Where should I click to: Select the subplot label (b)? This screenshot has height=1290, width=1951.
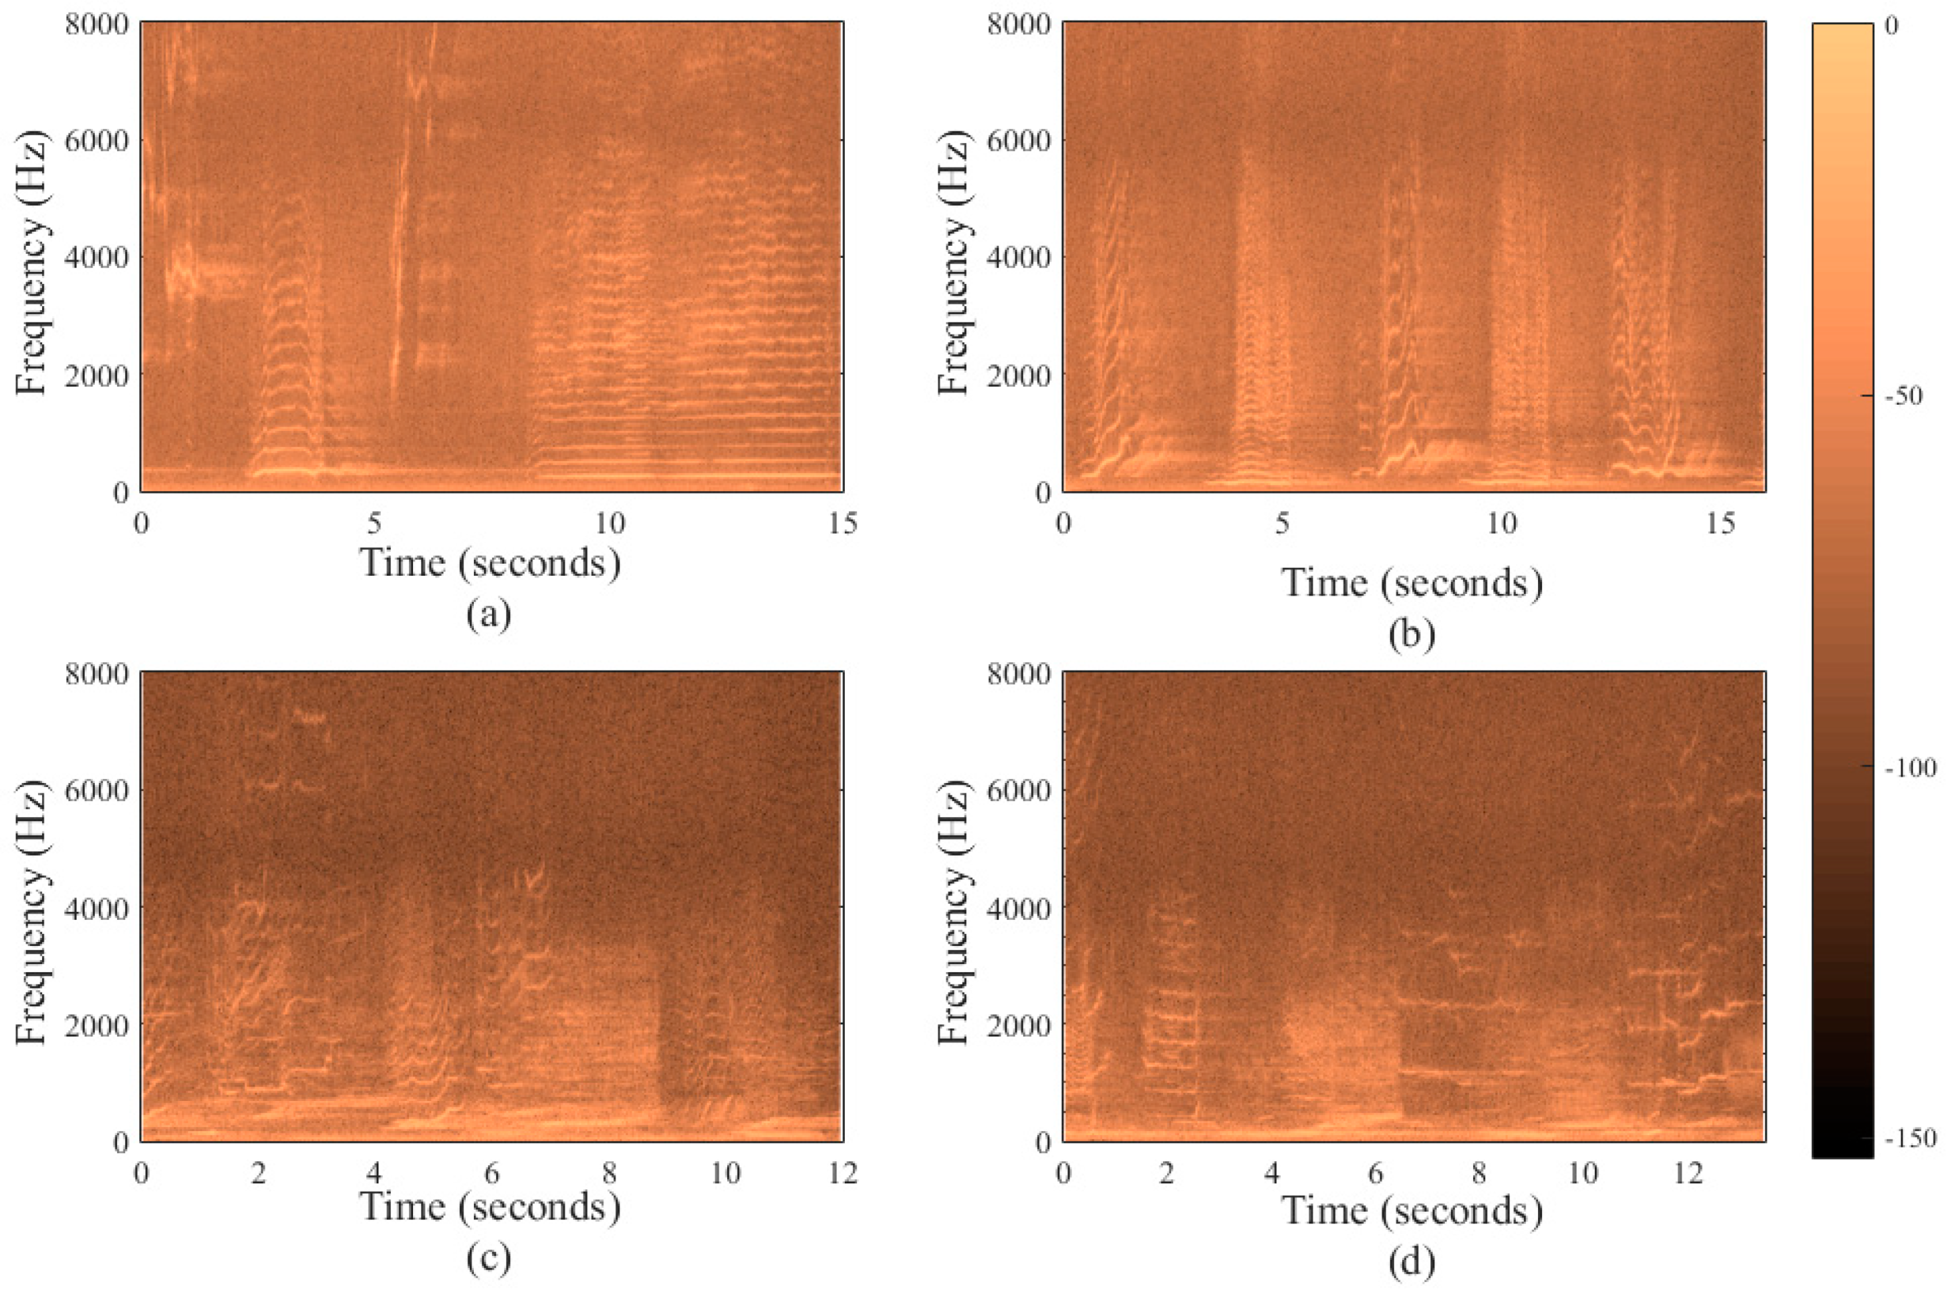[1411, 634]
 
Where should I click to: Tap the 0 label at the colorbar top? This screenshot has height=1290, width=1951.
[1891, 25]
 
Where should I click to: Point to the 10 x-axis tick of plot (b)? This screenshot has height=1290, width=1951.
[1502, 523]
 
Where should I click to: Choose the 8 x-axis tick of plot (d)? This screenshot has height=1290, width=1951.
[1480, 1172]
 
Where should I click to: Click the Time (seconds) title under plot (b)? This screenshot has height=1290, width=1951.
[1411, 583]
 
